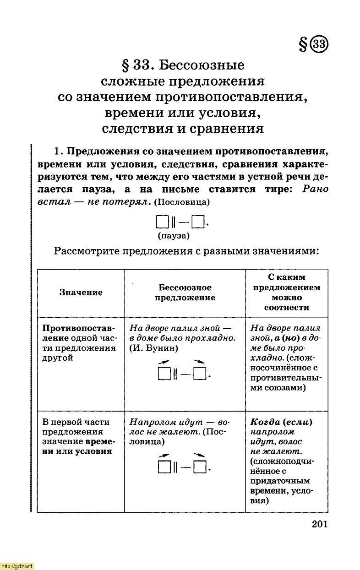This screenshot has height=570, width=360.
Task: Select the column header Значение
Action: pos(81,293)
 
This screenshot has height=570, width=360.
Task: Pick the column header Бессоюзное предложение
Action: pos(185,293)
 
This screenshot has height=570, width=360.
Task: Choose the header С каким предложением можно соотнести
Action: pos(287,292)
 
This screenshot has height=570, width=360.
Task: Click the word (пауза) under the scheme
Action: pos(174,236)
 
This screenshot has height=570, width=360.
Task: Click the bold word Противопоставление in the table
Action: pos(78,329)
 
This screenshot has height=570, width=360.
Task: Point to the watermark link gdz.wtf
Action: pos(17,566)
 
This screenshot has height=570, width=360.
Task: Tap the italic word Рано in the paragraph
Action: pos(316,190)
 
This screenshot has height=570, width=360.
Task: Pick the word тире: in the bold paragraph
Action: pos(278,190)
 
